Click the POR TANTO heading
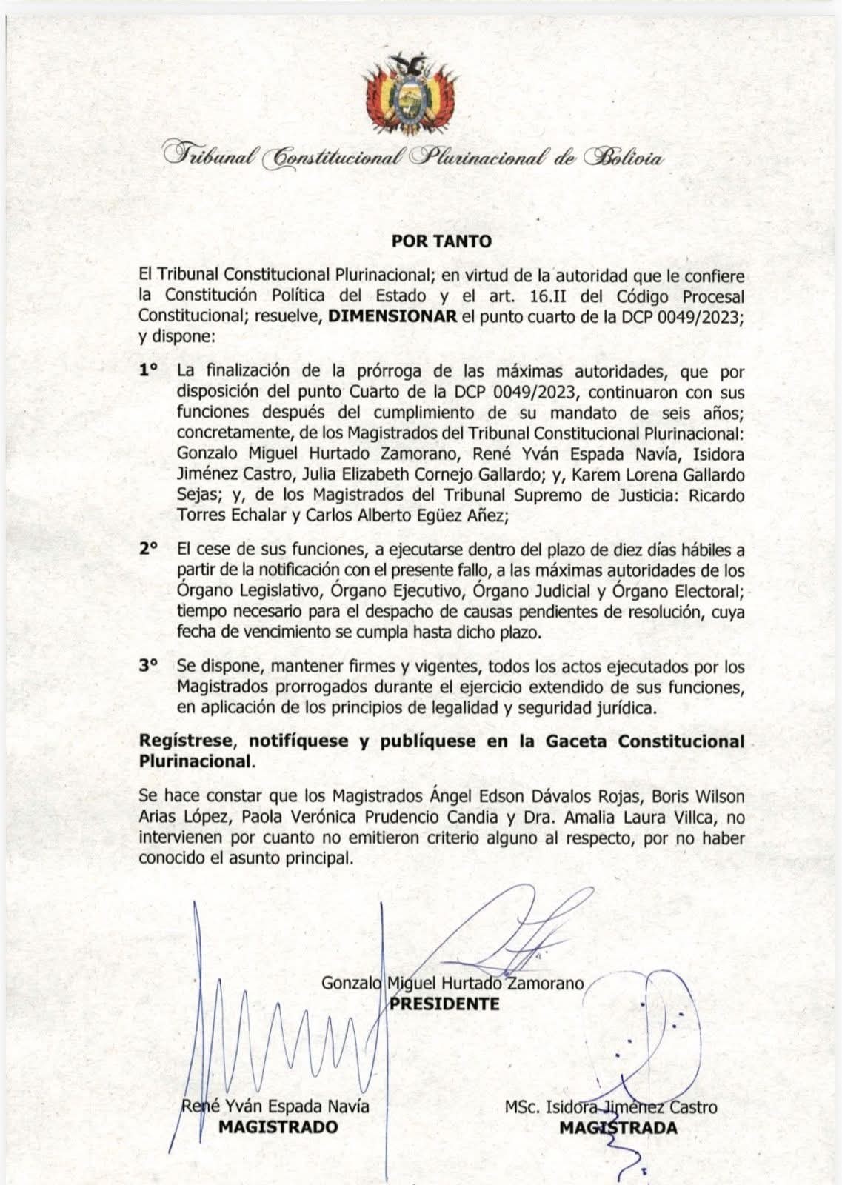point(441,241)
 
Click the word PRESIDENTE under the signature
point(444,1004)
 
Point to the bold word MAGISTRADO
point(278,1127)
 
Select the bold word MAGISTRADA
point(618,1128)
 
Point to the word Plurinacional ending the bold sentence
point(194,761)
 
